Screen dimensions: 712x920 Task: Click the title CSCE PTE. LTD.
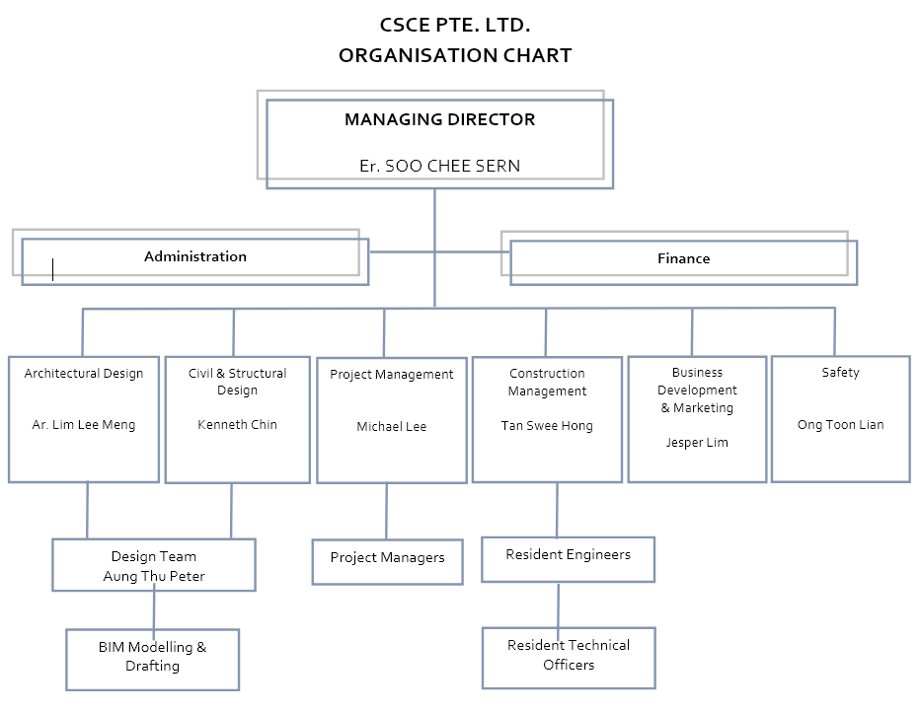click(x=454, y=25)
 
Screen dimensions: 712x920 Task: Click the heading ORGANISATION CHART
click(x=454, y=55)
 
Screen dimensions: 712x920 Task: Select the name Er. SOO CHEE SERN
click(x=439, y=166)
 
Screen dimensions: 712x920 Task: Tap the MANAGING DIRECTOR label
click(x=439, y=119)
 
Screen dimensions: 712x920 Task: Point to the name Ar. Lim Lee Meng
click(x=84, y=425)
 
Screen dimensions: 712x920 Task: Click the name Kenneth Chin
click(x=237, y=425)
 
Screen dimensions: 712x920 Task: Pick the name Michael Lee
click(x=392, y=427)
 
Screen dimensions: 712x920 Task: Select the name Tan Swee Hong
click(x=547, y=426)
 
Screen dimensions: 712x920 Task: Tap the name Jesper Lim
click(x=697, y=443)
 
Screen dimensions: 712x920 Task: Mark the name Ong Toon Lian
click(x=840, y=425)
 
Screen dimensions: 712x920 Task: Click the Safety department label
click(x=840, y=373)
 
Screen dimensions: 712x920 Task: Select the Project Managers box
click(x=387, y=559)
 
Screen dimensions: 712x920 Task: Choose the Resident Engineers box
click(x=568, y=556)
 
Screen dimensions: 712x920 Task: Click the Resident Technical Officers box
click(x=569, y=656)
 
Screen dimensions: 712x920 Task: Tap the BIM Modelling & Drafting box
click(x=152, y=658)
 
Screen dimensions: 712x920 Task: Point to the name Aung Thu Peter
click(x=154, y=576)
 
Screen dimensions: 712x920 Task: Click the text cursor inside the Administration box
click(x=52, y=269)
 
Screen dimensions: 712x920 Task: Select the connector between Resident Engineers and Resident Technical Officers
click(x=559, y=604)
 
